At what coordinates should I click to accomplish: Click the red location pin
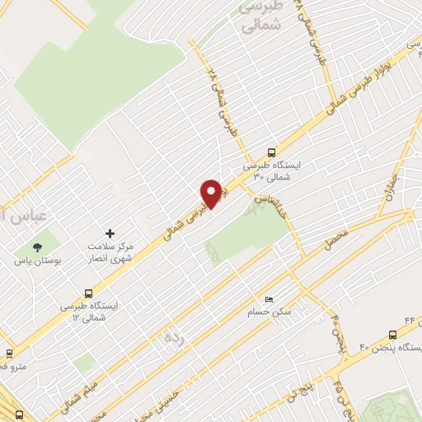211,193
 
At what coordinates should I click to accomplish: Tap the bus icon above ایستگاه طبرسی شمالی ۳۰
272,152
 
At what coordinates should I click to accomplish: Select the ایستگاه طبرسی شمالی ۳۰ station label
272,171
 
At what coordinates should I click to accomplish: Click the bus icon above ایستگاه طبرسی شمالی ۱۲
88,292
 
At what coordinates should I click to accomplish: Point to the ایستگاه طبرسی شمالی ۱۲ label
89,311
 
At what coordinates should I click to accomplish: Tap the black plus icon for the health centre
110,234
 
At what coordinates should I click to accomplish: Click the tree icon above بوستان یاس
35,247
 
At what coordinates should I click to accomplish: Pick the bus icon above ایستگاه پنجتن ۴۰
392,335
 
